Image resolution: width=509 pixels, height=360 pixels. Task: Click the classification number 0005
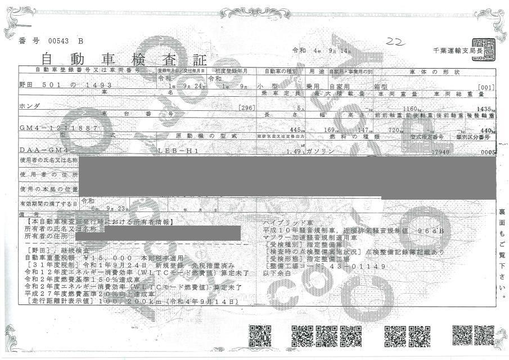click(x=488, y=152)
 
